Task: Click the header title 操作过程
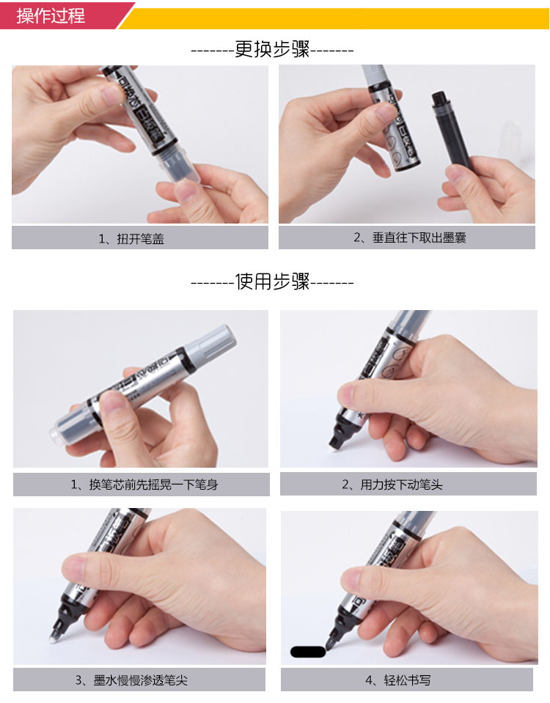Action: [51, 15]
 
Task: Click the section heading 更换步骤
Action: [272, 49]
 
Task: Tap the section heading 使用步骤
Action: [272, 281]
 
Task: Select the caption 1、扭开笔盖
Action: [131, 238]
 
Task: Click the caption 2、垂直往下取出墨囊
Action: [410, 238]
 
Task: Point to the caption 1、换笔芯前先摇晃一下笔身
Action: [144, 485]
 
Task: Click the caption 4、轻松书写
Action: [397, 680]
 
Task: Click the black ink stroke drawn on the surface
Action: [308, 652]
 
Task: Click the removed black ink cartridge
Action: [450, 129]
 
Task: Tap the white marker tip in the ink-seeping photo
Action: [52, 638]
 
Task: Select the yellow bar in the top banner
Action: [334, 18]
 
